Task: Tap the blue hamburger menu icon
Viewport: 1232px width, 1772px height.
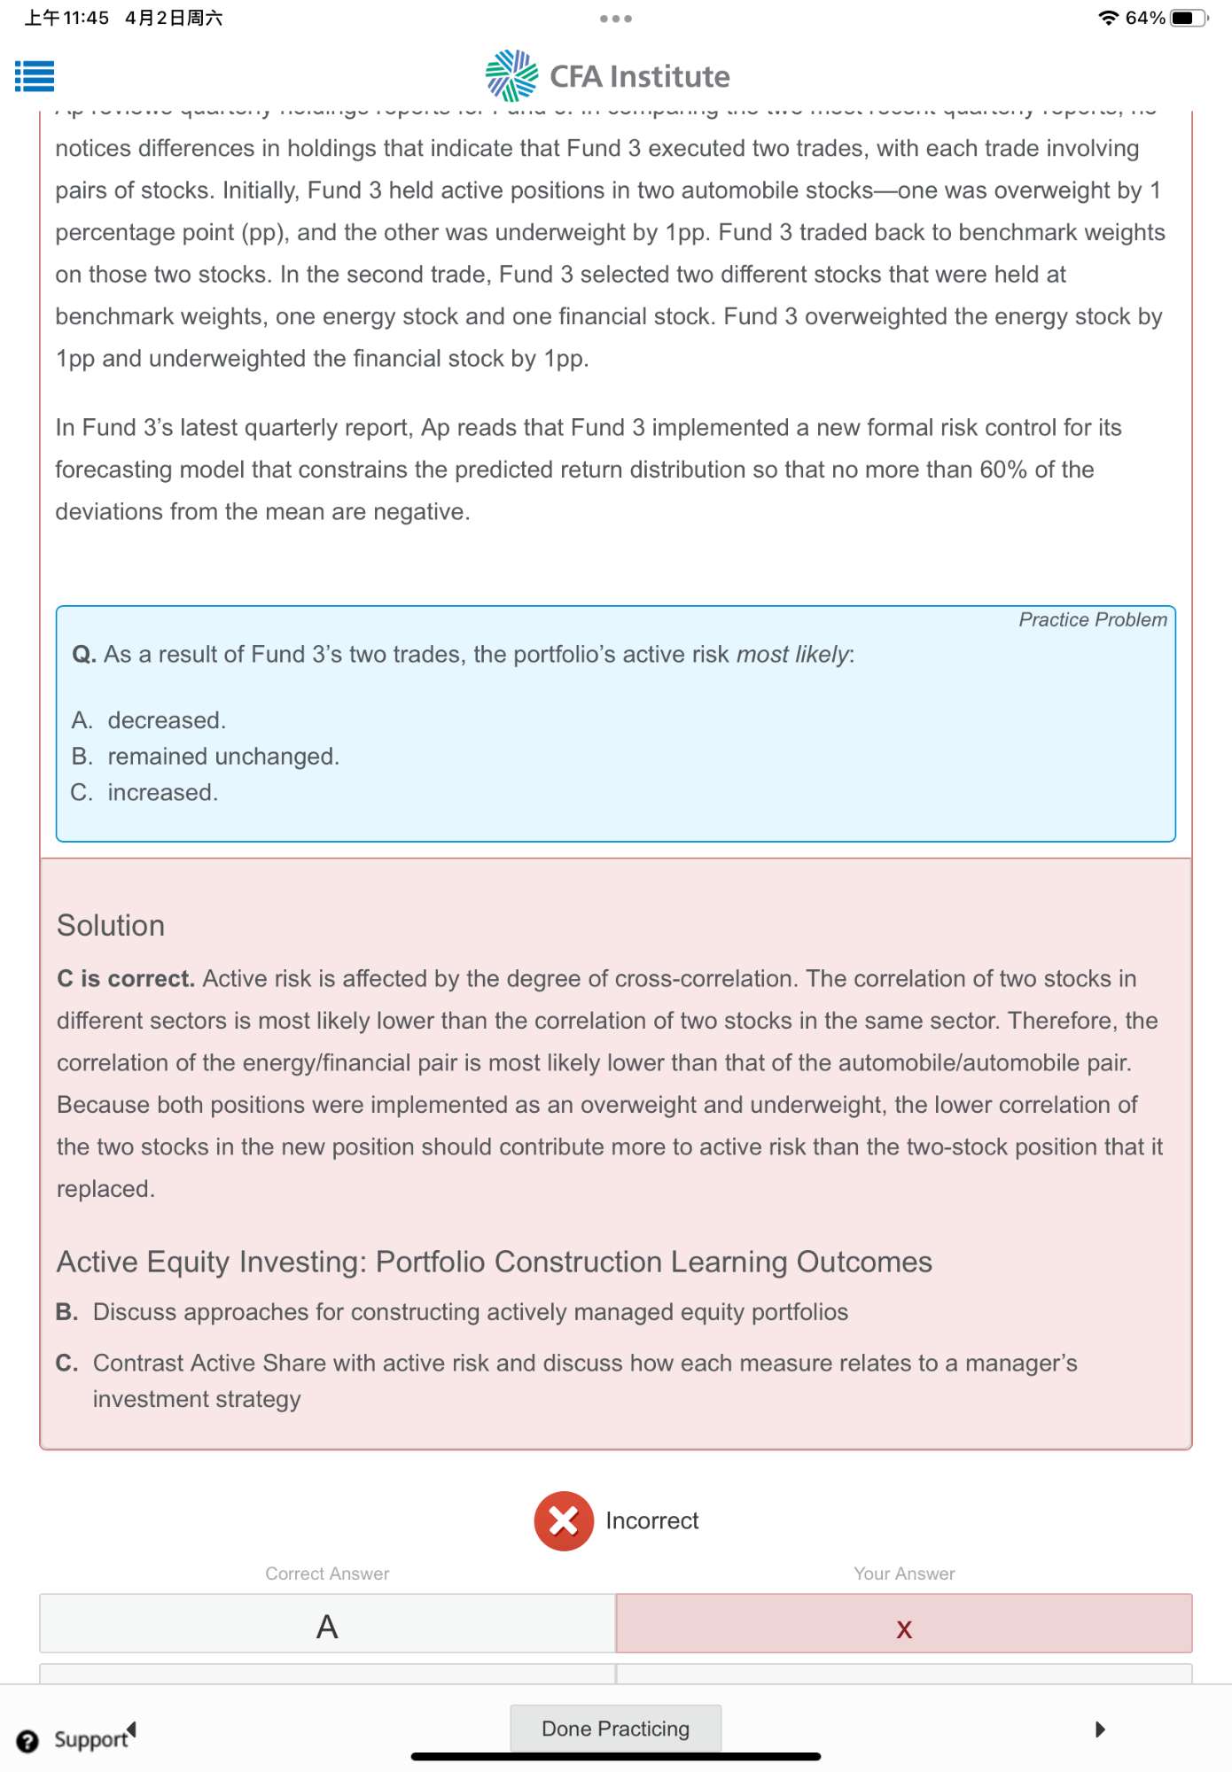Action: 35,76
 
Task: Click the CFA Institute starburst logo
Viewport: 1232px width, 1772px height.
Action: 511,76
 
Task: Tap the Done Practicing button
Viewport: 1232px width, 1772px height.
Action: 615,1729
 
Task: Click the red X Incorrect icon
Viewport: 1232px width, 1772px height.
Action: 563,1521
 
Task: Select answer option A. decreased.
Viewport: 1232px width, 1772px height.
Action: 166,720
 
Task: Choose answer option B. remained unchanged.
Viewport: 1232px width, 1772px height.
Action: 222,757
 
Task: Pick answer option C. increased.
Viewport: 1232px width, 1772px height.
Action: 162,792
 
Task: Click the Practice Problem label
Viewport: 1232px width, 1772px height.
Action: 1092,619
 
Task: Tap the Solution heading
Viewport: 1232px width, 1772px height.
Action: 111,925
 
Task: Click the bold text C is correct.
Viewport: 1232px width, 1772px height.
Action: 125,978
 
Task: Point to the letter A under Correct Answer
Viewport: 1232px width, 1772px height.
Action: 327,1627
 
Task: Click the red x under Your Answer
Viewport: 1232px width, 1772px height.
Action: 904,1628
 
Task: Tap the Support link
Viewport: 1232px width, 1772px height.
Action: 90,1739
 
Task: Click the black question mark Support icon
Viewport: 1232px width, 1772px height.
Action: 27,1741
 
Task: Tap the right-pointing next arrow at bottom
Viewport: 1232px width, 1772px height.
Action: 1100,1729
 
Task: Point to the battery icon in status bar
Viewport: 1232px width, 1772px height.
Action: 1188,18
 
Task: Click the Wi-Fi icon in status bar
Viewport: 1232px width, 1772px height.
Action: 1108,18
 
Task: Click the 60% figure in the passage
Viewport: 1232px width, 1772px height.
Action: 1002,470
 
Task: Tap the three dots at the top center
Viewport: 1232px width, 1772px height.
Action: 615,19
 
